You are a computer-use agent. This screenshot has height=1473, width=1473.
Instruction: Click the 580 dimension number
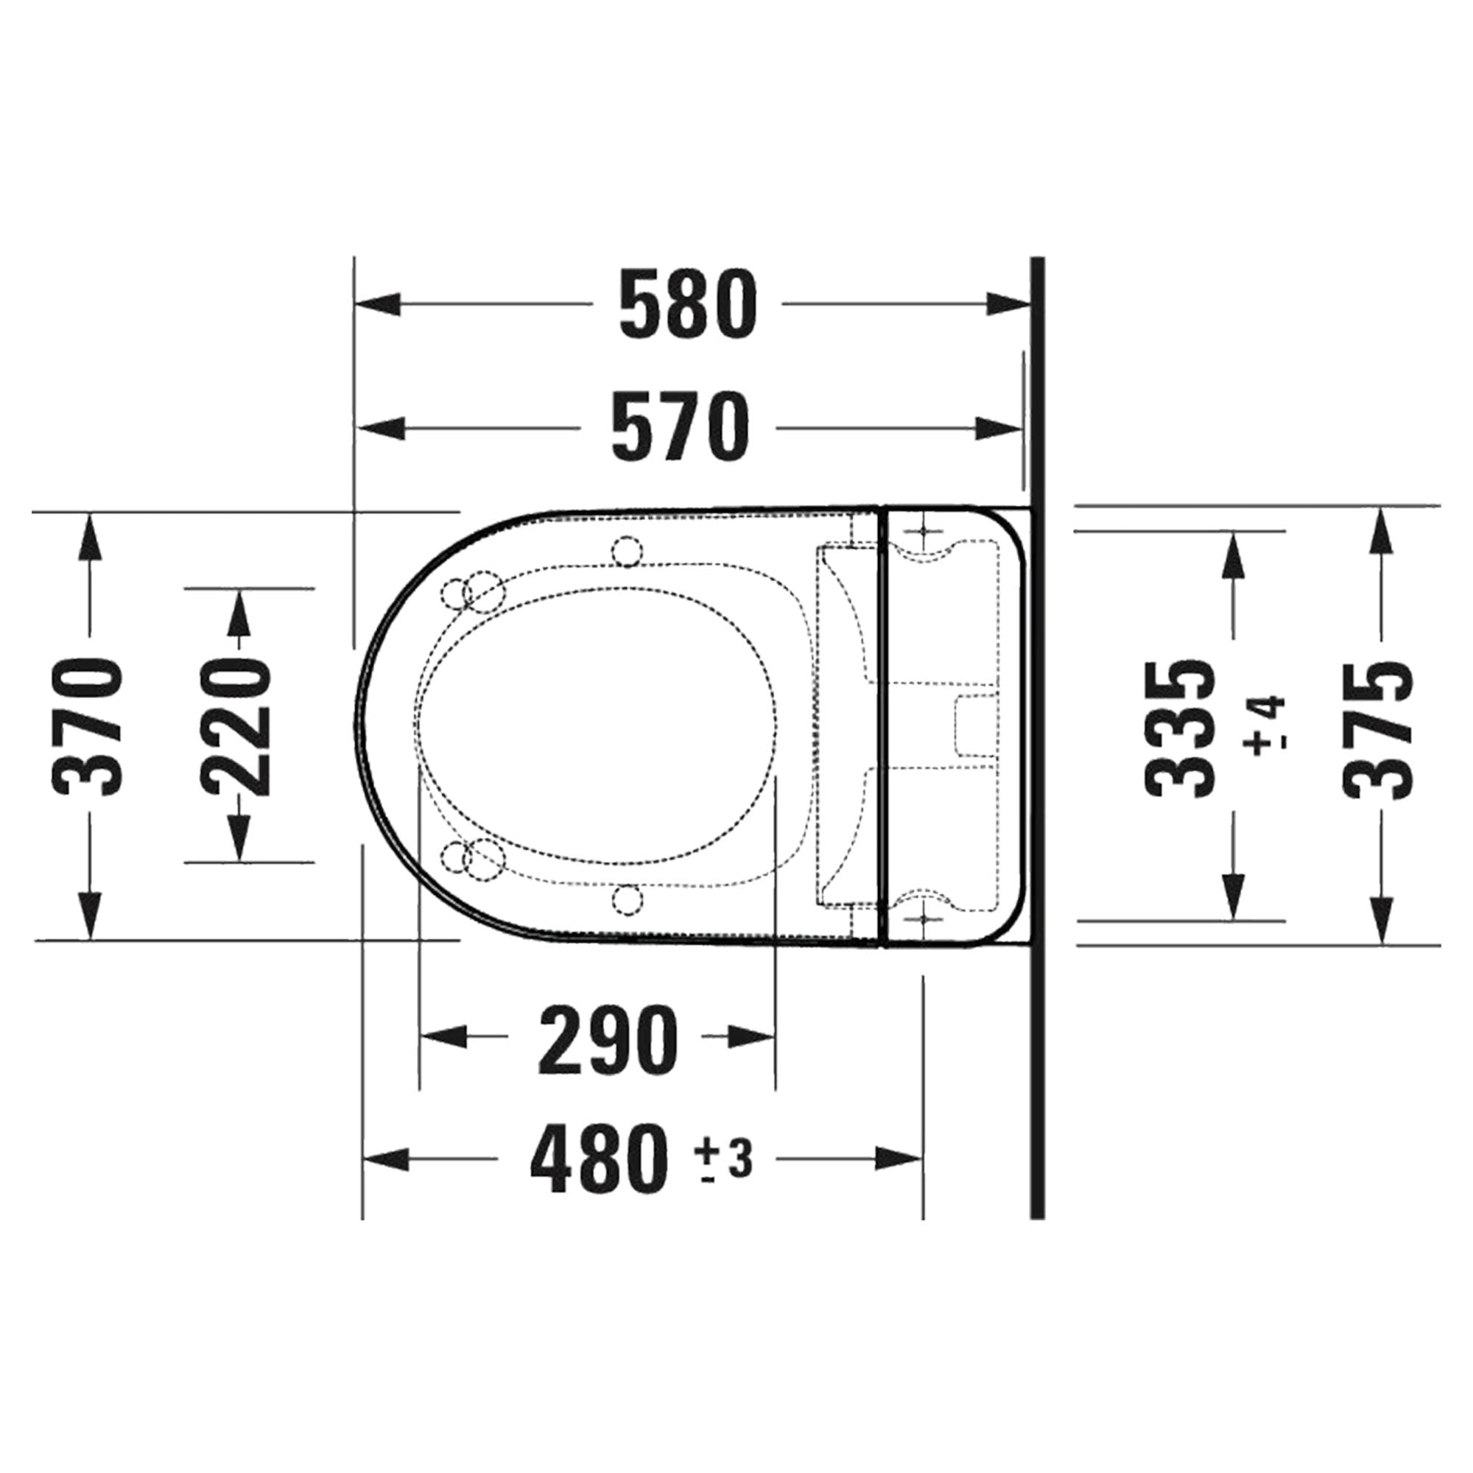click(x=688, y=304)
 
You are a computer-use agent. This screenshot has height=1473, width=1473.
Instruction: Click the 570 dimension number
click(x=680, y=428)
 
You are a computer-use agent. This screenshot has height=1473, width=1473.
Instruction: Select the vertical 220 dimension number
click(x=237, y=728)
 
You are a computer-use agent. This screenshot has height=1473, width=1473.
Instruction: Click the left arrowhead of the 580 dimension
click(x=377, y=304)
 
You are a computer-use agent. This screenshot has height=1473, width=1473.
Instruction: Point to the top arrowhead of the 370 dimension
click(x=90, y=537)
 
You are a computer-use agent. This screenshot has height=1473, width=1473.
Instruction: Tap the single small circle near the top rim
click(x=627, y=551)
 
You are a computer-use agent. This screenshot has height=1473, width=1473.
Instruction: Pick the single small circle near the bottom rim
click(x=627, y=900)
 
